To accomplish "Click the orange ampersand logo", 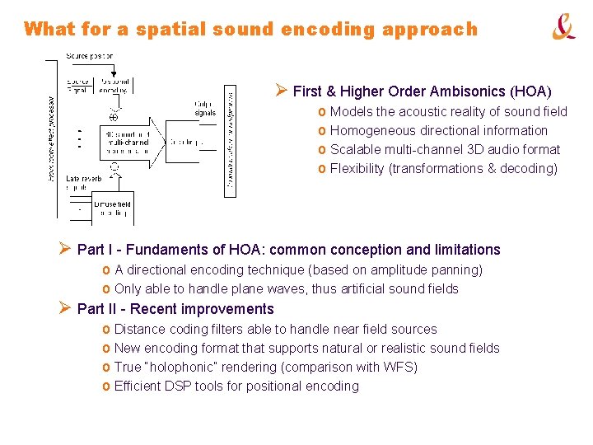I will [x=563, y=28].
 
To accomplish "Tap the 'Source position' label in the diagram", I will [x=90, y=56].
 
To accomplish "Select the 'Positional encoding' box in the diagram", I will [x=114, y=87].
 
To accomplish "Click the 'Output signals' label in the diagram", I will [x=205, y=108].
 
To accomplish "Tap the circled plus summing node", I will [x=114, y=117].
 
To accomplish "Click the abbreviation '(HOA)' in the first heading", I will [x=532, y=91].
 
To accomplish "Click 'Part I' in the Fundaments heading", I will [x=93, y=250].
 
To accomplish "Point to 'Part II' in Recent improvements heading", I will [x=95, y=309].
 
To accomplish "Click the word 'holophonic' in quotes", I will [x=180, y=367].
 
